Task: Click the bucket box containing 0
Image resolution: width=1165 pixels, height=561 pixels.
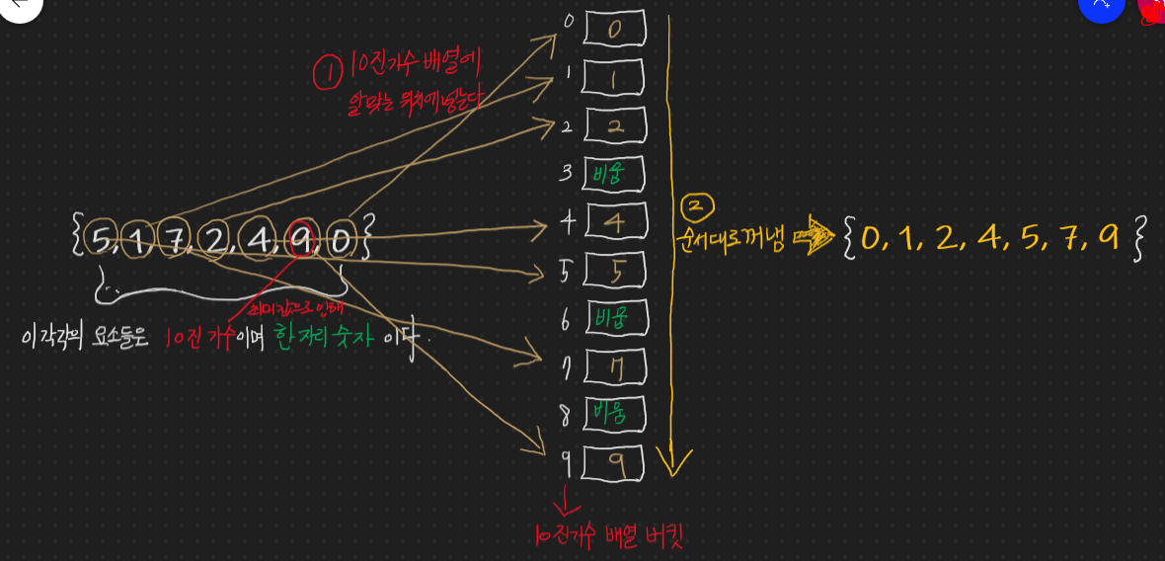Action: point(614,29)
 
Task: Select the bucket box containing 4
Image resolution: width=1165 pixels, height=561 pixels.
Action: point(614,222)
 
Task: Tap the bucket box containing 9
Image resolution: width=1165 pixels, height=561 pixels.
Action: point(614,462)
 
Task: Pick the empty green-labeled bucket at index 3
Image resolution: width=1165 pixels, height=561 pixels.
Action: point(614,174)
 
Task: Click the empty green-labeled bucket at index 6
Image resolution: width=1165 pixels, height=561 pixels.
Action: point(614,318)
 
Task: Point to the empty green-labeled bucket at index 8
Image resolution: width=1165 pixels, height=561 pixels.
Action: point(614,413)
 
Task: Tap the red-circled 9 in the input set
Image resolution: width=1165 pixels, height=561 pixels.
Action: point(302,238)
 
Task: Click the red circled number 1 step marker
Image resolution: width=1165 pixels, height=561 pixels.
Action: point(327,71)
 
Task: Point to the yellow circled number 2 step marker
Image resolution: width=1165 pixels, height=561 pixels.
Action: point(695,207)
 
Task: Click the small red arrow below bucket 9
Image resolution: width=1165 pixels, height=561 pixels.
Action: point(566,501)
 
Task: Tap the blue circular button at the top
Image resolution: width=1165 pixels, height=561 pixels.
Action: point(1101,5)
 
